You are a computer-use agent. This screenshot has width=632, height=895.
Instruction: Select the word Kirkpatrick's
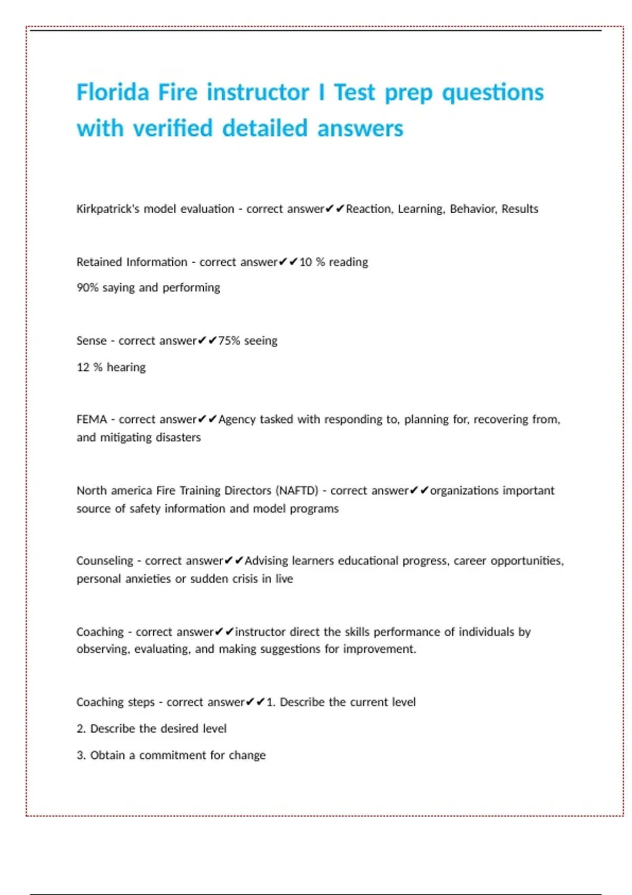coord(108,209)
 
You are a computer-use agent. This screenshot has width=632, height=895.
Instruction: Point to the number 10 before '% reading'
coord(305,262)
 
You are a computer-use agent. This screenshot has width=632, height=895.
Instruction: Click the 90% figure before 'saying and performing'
coord(87,287)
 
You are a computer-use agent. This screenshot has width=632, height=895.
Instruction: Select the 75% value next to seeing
coord(229,341)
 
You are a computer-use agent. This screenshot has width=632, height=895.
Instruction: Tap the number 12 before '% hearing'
coord(83,367)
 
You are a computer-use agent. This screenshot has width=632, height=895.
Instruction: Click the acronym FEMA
coord(92,420)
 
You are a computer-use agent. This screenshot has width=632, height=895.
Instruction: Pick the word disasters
coord(178,437)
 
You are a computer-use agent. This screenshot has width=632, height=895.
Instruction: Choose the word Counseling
coord(105,561)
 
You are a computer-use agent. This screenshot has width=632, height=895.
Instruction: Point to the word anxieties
coord(147,579)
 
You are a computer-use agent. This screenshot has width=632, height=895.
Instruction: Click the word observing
coord(102,649)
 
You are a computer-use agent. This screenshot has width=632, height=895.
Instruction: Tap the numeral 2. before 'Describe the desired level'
coord(81,729)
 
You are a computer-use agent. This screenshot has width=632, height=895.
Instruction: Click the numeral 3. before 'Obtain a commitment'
coord(81,755)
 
